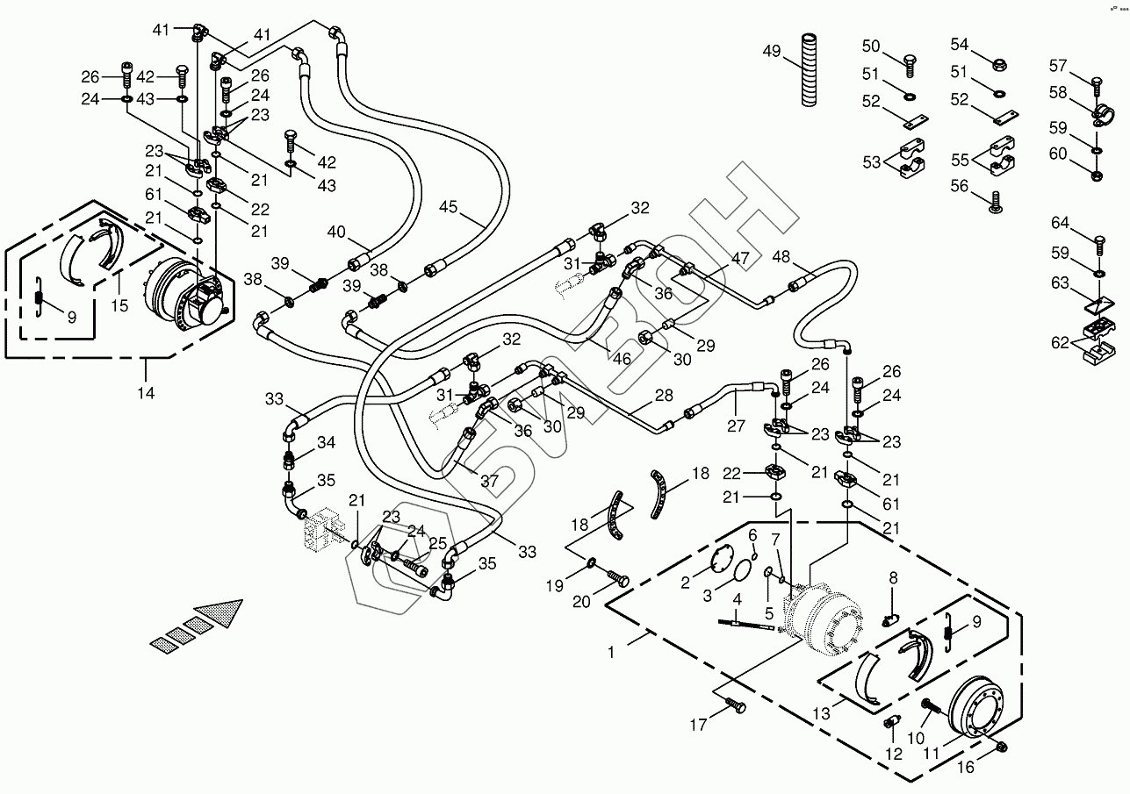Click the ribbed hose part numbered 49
[808, 70]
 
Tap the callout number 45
[449, 208]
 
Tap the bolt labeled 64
[1097, 238]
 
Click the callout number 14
[146, 393]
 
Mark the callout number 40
[337, 232]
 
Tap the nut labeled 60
[1097, 175]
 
